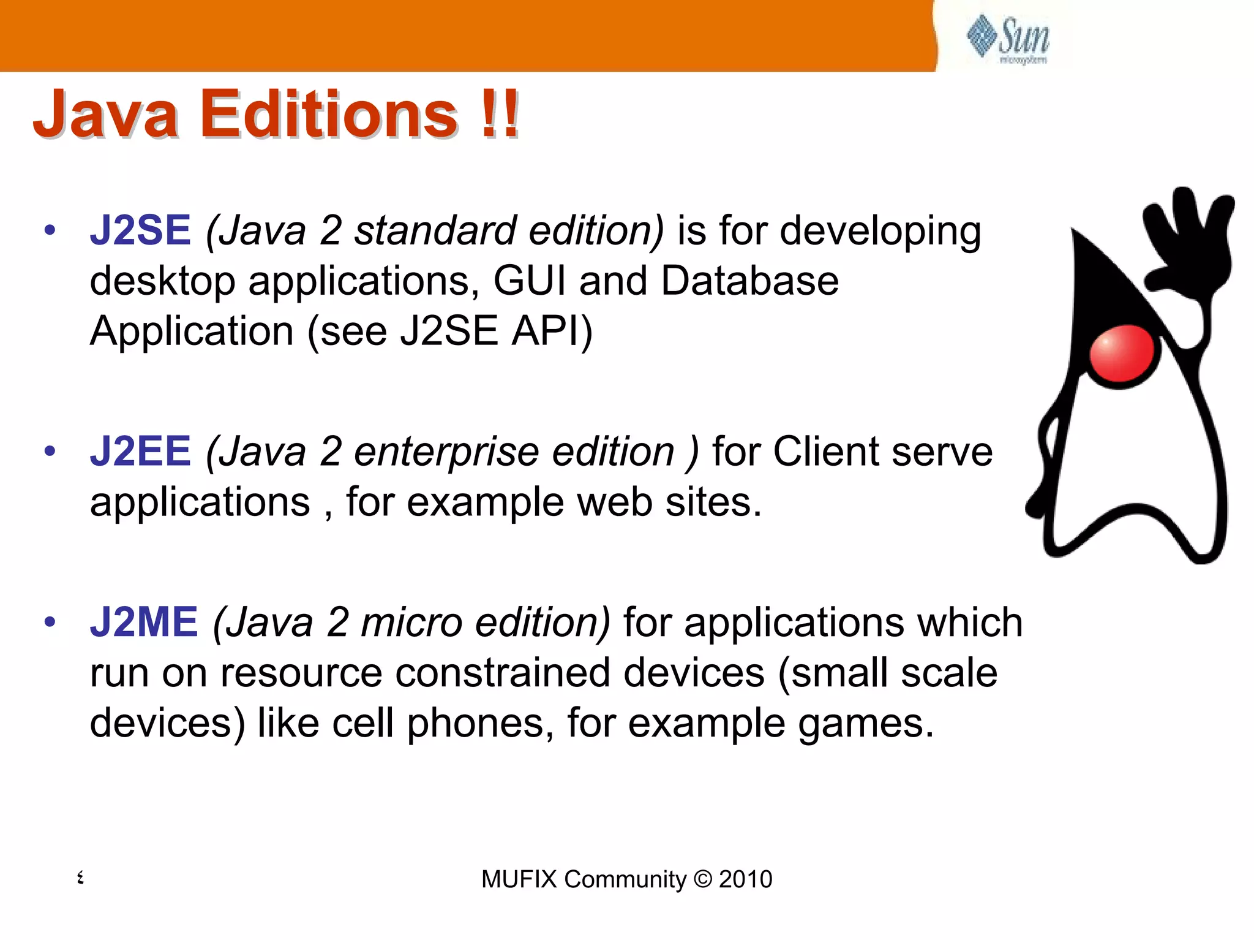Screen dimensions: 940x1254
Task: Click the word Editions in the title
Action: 328,114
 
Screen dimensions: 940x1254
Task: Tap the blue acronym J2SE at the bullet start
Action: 140,230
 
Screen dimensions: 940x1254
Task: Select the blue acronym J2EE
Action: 140,452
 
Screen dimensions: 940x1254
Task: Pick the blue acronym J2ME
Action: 144,623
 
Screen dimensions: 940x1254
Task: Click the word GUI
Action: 530,281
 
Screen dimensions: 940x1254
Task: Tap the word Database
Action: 749,281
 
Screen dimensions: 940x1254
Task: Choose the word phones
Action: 475,724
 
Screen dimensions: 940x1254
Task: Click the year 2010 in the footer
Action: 745,879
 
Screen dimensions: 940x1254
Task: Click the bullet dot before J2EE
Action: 50,452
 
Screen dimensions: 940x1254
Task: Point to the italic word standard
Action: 435,230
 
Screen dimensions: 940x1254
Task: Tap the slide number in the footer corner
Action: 80,877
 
